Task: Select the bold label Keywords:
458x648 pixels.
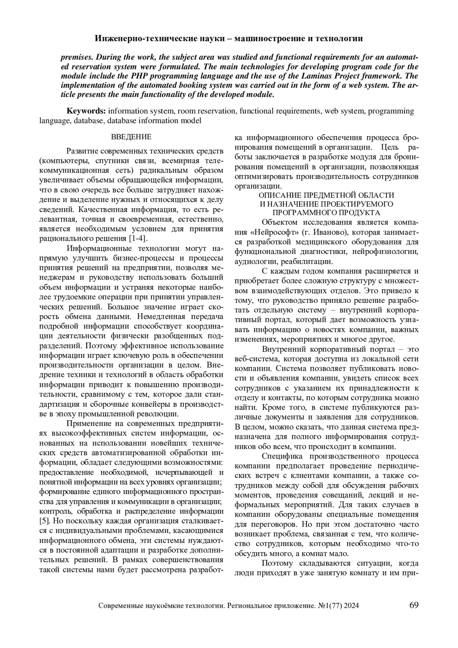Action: click(x=86, y=111)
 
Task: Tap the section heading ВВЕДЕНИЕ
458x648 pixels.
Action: click(x=131, y=137)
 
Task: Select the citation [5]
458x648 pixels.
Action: click(x=45, y=521)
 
